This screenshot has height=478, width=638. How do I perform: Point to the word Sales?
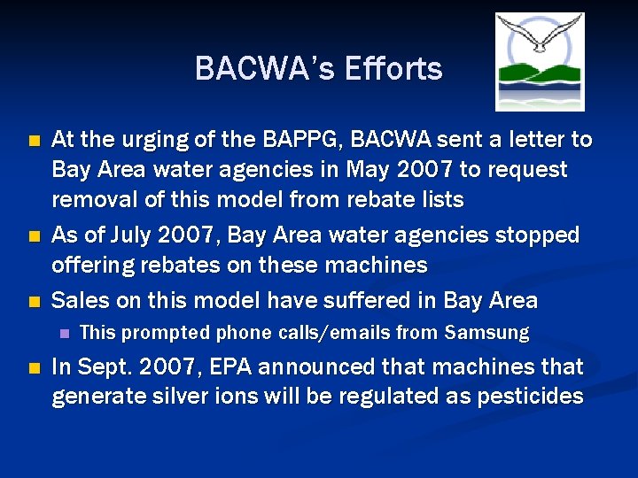pos(81,300)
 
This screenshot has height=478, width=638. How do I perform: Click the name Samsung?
pos(487,334)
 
